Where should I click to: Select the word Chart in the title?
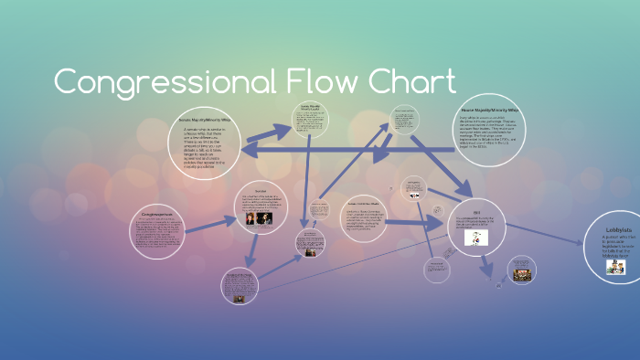click(412, 82)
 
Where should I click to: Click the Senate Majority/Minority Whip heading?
click(203, 121)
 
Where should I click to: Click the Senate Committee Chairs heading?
click(364, 203)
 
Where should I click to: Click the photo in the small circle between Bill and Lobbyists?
click(521, 271)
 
